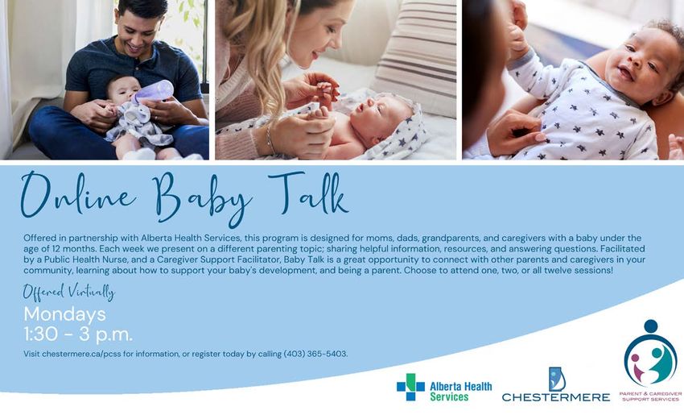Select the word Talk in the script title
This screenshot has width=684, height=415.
pos(308,193)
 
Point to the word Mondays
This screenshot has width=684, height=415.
pos(65,314)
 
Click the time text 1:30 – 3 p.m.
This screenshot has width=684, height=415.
pos(78,334)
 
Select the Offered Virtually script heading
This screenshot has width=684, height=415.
pos(69,293)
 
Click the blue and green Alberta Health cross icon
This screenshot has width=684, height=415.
pos(410,387)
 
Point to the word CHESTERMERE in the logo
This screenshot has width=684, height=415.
pos(556,397)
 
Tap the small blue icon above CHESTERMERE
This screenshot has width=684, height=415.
pos(557,378)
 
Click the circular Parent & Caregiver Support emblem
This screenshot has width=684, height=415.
pos(650,353)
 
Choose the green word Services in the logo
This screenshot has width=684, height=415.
pos(449,396)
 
